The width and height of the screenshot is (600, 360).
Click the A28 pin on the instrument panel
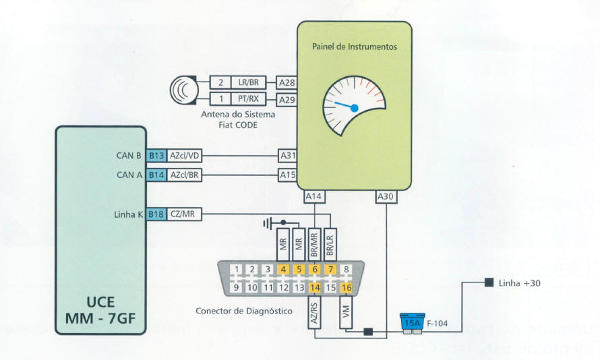coord(287,82)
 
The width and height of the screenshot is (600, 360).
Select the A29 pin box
coord(287,100)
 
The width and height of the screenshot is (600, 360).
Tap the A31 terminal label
coord(288,156)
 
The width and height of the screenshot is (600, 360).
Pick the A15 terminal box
coord(288,175)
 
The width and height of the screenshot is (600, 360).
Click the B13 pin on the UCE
coord(157,156)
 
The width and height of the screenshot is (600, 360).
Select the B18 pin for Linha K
coord(157,214)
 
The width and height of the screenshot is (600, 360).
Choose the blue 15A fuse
coord(411,322)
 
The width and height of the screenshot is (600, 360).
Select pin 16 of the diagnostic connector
coord(347,288)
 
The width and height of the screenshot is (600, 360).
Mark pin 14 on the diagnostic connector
coord(316,288)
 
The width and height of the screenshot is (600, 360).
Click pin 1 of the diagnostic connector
coord(235,270)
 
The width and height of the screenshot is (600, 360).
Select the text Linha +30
coord(520,282)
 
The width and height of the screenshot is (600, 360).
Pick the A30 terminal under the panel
coord(386,196)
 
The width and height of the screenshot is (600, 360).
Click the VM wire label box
coord(347,313)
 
